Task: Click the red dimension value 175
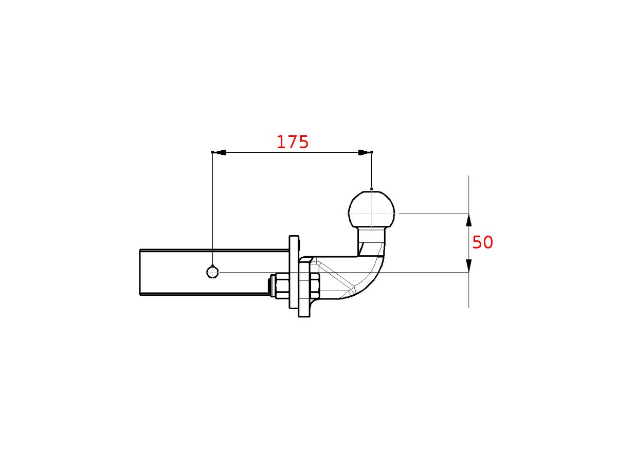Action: tap(293, 143)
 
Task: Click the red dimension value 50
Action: tap(482, 243)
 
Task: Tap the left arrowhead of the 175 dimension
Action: tap(219, 152)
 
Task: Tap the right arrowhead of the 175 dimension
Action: tap(365, 152)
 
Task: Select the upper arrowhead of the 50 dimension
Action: tap(468, 220)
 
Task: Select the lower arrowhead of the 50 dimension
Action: tap(468, 265)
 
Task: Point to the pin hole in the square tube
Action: tap(212, 272)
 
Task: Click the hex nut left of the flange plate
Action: tap(282, 286)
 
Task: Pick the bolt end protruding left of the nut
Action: tap(270, 286)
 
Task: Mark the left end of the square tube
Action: tap(141, 272)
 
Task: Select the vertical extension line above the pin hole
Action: tap(212, 206)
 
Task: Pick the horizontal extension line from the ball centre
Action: tap(432, 213)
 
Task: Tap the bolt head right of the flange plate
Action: tap(313, 286)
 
